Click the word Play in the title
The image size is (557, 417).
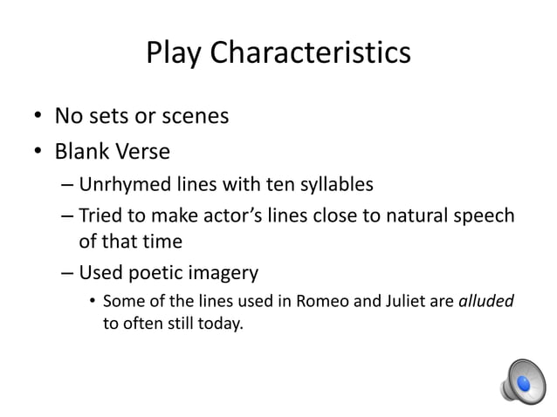coord(175,54)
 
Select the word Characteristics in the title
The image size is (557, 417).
coord(310,54)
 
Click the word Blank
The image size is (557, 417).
coord(85,152)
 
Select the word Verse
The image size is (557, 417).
coord(146,152)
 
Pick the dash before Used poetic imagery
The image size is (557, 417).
coord(68,273)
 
